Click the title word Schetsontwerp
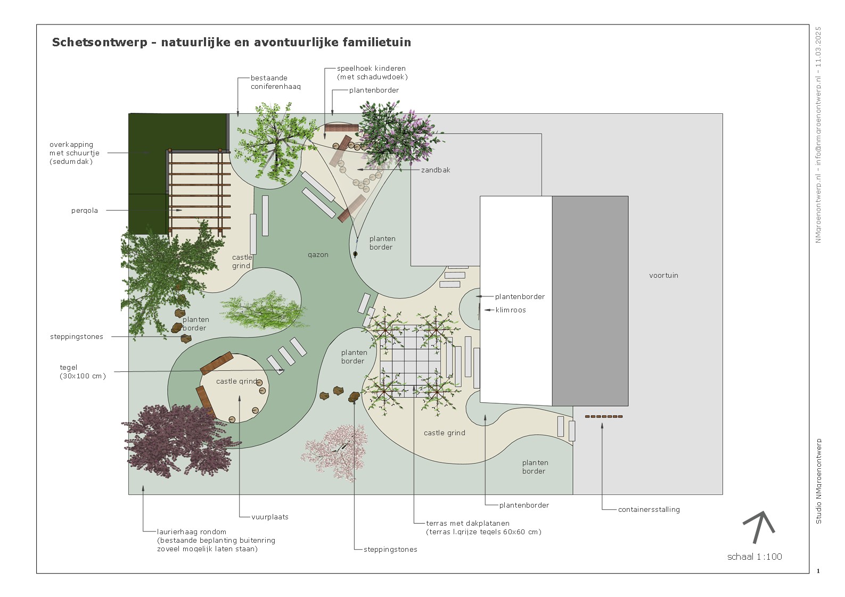tap(99, 43)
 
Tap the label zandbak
tap(436, 170)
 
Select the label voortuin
tap(663, 276)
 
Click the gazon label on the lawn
tap(318, 255)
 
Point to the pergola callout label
tap(85, 211)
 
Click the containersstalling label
tap(649, 510)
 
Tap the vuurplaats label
tap(270, 517)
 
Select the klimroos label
tap(511, 310)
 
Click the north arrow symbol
tap(759, 526)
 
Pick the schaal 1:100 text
tap(754, 557)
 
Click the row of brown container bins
tap(603, 417)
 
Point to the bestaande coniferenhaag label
tap(275, 82)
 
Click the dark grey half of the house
tap(590, 301)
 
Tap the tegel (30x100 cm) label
tap(83, 372)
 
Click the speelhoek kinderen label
tap(372, 73)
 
